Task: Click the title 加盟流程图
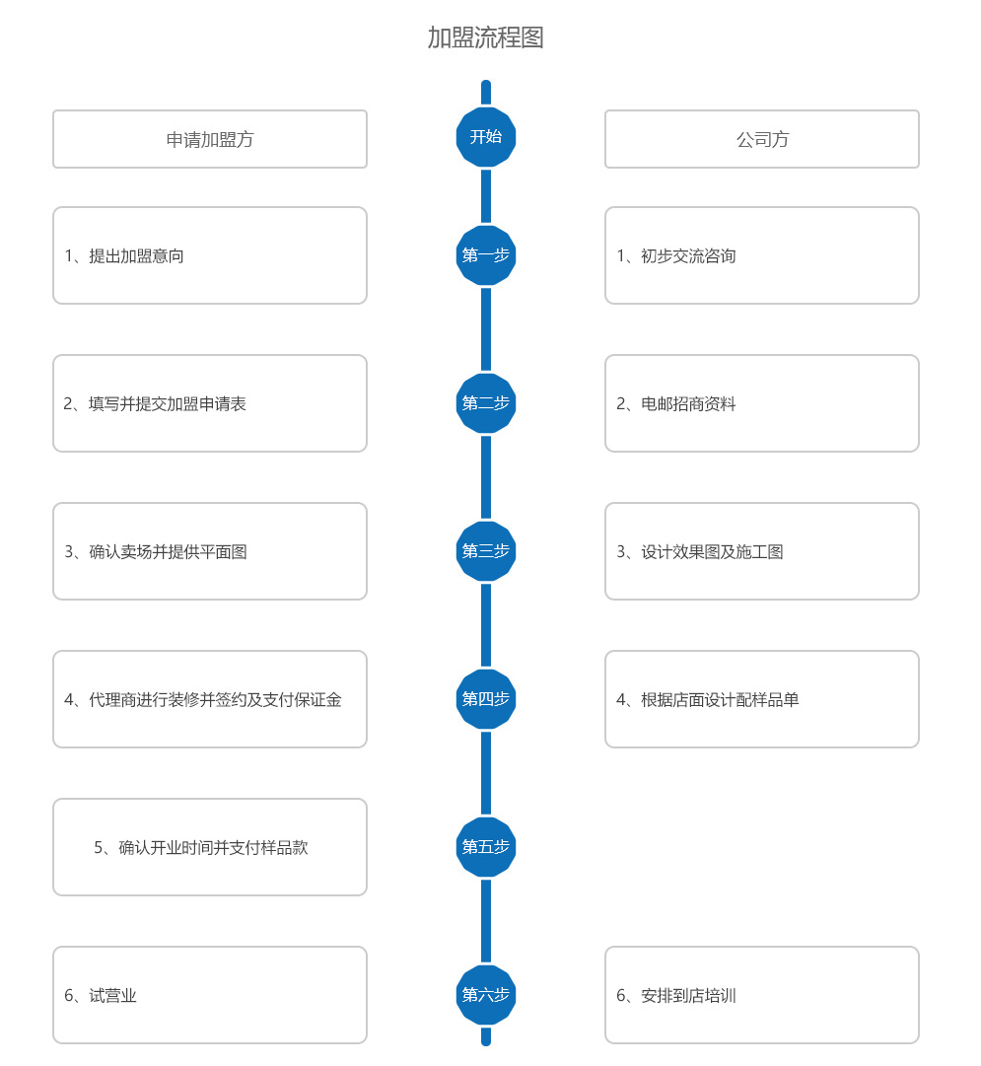coord(485,37)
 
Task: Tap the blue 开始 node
coord(485,137)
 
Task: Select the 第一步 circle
coord(485,255)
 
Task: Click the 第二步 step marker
coord(485,403)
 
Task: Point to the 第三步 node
coord(485,550)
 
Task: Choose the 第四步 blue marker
coord(485,699)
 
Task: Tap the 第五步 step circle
coord(485,846)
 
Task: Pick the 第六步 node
coord(485,995)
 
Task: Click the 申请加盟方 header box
coord(210,139)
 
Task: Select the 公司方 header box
coord(762,139)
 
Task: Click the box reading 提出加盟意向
coord(210,255)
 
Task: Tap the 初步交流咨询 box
coord(762,255)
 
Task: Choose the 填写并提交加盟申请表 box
coord(210,403)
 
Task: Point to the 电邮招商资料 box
coord(762,403)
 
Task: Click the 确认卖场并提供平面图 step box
coord(210,551)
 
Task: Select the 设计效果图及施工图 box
coord(762,551)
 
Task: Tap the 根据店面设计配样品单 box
coord(762,699)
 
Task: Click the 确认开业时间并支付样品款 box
coord(210,847)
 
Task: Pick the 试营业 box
coord(210,995)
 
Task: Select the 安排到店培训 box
coord(762,995)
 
